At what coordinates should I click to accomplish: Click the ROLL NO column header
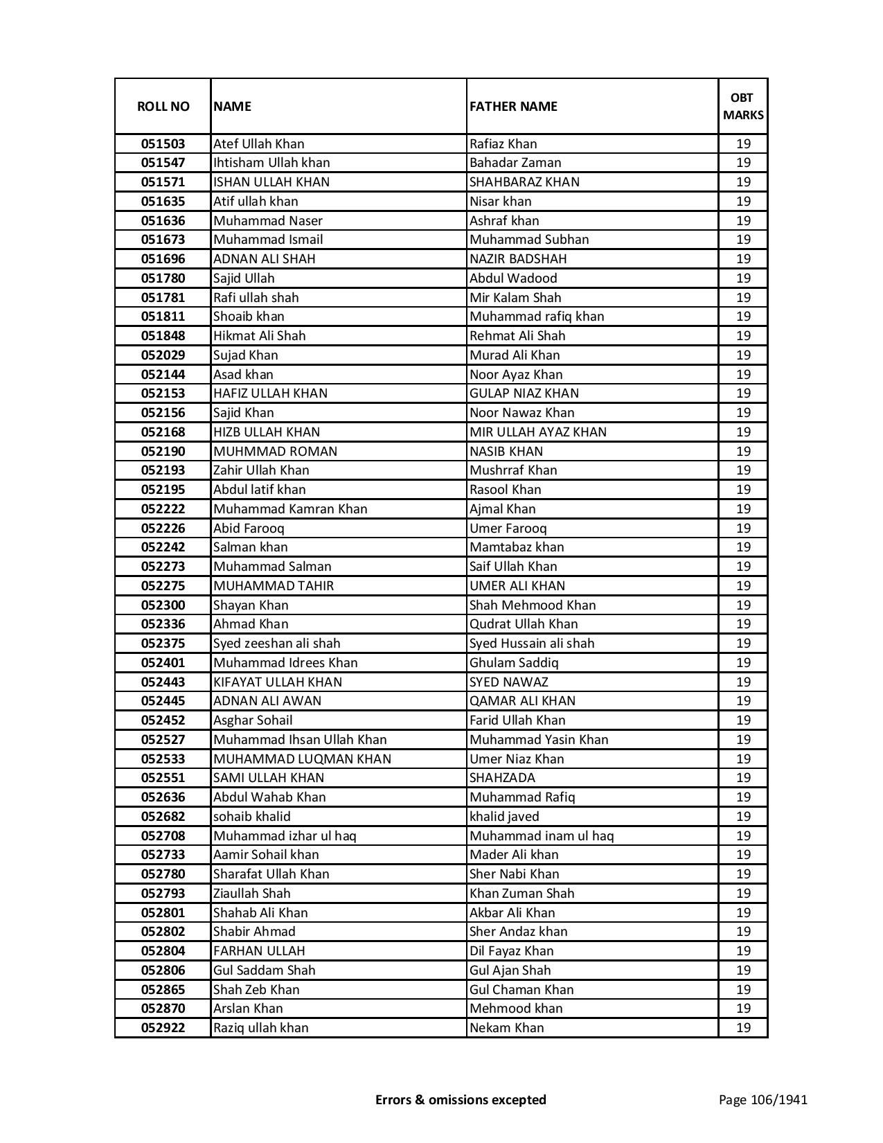pos(163,106)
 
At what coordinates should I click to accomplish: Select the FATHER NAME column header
pos(513,106)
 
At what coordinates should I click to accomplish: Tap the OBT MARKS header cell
pos(743,106)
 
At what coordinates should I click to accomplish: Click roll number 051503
pos(163,144)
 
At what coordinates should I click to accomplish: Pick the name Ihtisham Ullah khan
pos(271,163)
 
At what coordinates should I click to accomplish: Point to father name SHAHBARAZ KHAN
pos(524,182)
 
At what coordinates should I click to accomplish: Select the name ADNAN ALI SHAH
pos(264,259)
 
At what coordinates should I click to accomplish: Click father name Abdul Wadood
pos(513,278)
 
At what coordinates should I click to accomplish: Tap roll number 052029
pos(163,355)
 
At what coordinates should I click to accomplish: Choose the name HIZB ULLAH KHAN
pos(267,432)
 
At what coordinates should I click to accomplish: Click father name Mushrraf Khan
pos(513,470)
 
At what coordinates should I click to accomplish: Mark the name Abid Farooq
pos(249,529)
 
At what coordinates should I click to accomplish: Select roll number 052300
pos(163,605)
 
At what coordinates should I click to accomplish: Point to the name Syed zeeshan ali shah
pos(276,644)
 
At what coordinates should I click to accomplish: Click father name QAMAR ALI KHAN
pos(522,701)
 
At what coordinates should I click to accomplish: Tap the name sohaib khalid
pos(252,817)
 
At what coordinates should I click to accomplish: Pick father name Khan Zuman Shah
pos(521,894)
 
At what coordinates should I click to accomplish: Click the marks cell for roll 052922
pos(743,1028)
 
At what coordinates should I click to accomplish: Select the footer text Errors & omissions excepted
pos(461,1099)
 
